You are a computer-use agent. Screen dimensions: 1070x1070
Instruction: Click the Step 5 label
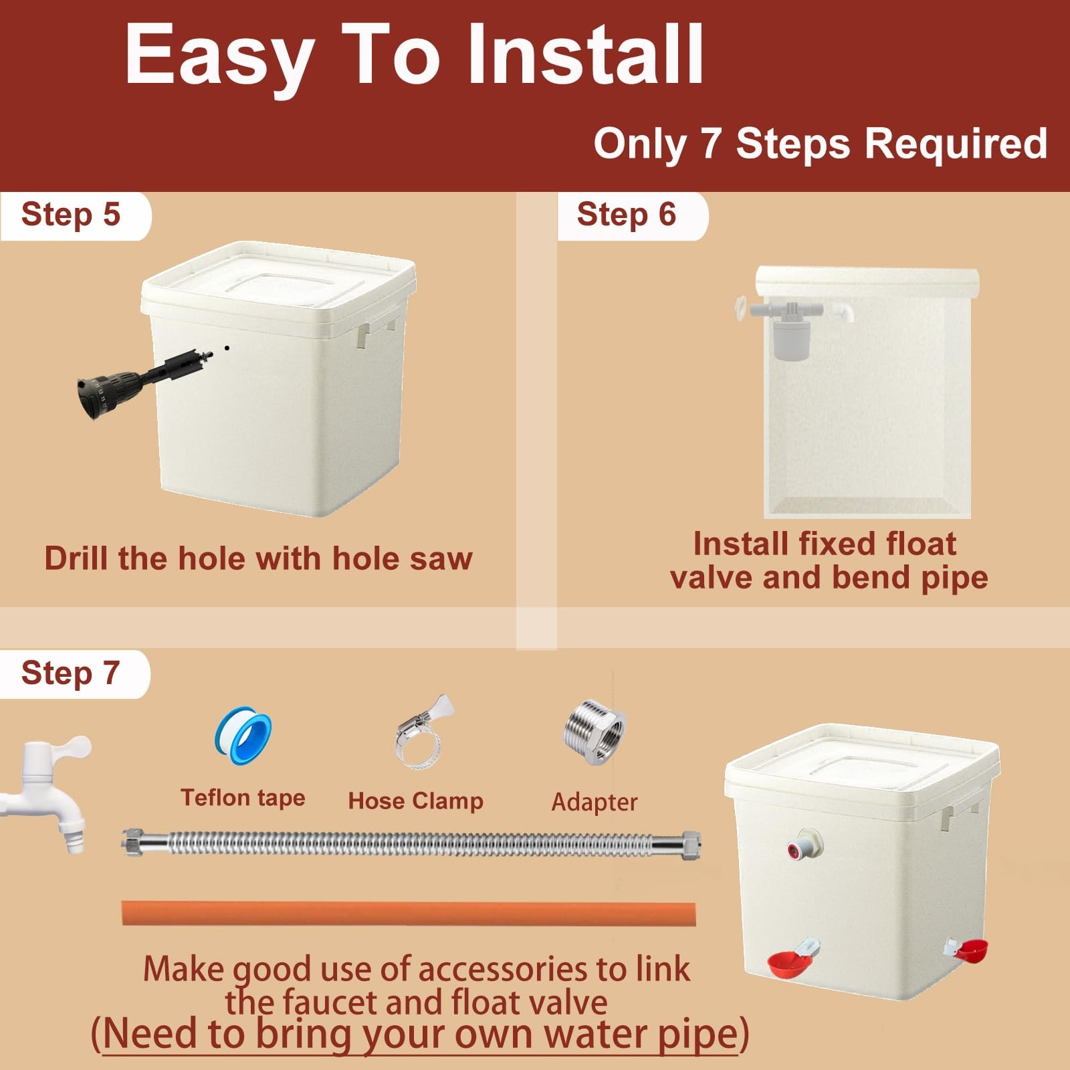point(71,215)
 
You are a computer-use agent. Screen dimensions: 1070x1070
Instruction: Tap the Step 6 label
point(627,215)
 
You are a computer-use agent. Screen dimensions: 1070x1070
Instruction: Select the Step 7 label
point(70,673)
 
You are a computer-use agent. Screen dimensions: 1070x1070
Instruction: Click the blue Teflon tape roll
point(243,737)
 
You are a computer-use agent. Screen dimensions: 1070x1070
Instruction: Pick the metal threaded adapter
point(595,732)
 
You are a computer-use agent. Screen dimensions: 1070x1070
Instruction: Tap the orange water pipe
point(409,914)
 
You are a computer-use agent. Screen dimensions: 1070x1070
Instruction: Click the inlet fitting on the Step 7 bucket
point(805,843)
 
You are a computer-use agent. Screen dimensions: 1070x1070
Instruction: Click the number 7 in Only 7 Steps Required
point(711,144)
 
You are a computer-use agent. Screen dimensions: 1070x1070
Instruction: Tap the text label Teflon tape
point(243,798)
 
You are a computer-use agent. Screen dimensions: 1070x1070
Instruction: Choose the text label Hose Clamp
point(415,800)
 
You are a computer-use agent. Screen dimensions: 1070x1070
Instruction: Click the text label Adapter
point(595,802)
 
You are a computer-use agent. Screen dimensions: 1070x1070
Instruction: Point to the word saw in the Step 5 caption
point(441,559)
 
